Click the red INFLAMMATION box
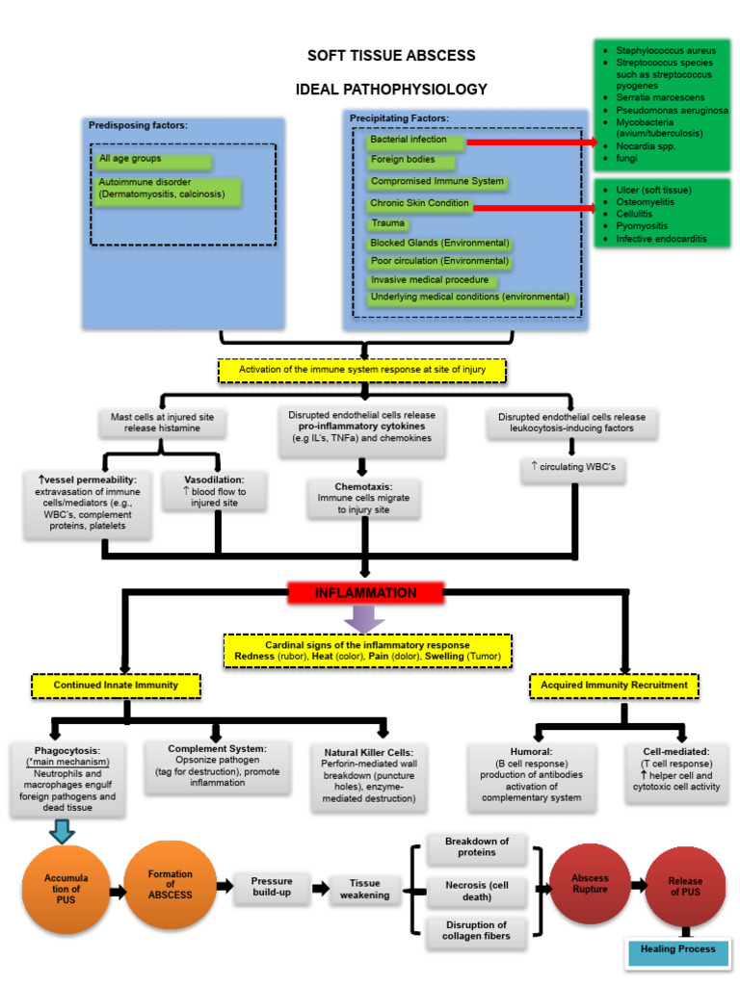(x=365, y=593)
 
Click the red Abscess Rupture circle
(x=590, y=884)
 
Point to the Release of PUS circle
(x=685, y=886)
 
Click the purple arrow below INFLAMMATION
(x=364, y=618)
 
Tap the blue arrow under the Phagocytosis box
(x=63, y=830)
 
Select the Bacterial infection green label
(x=415, y=141)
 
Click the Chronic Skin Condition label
(x=419, y=204)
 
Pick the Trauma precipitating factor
(x=388, y=223)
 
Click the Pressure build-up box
(x=272, y=888)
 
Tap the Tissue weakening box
(x=365, y=889)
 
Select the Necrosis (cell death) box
(x=477, y=891)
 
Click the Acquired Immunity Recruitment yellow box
(x=614, y=686)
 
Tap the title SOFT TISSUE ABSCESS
(x=390, y=56)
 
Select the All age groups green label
(x=139, y=160)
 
